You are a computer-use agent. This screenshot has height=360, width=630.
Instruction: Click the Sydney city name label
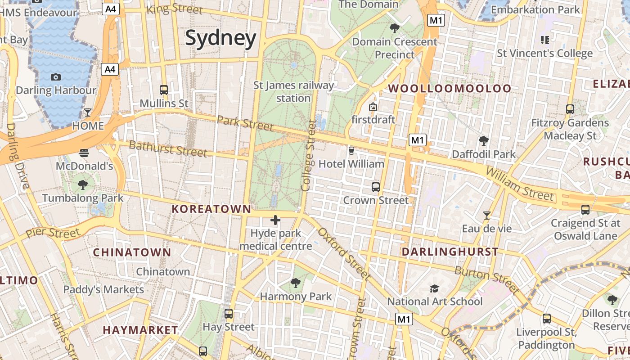[x=220, y=38]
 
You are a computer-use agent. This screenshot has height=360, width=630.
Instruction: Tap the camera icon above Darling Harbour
[x=56, y=77]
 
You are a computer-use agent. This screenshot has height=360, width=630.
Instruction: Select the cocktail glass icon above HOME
[x=88, y=112]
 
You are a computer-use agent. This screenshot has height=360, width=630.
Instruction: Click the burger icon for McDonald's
[x=84, y=153]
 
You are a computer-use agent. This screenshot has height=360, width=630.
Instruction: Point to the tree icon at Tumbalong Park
[x=82, y=184]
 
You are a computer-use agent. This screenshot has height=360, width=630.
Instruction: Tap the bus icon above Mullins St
[x=164, y=90]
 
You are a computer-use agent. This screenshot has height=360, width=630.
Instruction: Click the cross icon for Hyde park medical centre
[x=275, y=220]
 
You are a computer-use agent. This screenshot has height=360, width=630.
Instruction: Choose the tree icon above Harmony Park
[x=296, y=283]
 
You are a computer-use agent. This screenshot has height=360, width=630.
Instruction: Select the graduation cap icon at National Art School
[x=434, y=288]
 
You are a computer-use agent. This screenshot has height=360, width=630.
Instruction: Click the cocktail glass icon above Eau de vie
[x=486, y=216]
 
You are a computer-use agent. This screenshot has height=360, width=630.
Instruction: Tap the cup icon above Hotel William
[x=351, y=150]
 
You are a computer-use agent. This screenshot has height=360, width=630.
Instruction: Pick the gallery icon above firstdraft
[x=373, y=107]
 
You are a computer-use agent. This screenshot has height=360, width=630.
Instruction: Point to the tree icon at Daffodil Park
[x=484, y=141]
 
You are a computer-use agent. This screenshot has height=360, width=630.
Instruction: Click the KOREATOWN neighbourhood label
[x=211, y=209]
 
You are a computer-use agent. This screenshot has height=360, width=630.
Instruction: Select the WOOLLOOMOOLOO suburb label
[x=450, y=88]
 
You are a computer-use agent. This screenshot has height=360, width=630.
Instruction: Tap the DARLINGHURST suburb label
[x=450, y=252]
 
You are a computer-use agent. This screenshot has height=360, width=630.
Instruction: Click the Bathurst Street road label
[x=168, y=148]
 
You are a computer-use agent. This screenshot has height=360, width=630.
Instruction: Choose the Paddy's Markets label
[x=103, y=289]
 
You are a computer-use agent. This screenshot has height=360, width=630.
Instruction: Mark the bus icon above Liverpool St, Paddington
[x=547, y=319]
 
